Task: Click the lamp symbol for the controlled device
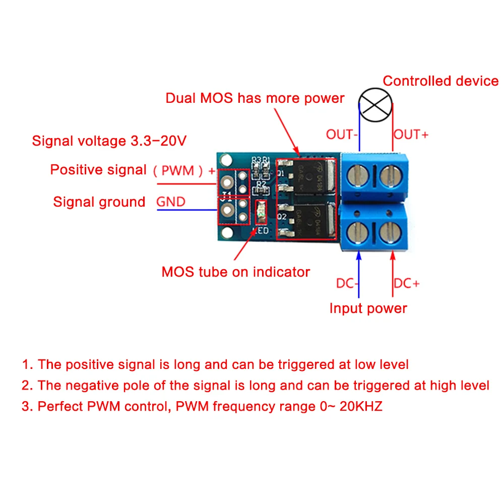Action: pos(376,104)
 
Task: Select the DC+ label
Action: pos(407,284)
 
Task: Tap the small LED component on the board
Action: pos(261,212)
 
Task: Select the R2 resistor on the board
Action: pos(261,191)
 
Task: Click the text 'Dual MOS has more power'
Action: pos(255,98)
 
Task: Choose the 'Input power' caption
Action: pos(368,308)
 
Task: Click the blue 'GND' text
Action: pos(171,202)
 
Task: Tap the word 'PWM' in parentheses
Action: pos(179,171)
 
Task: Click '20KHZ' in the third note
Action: pos(361,406)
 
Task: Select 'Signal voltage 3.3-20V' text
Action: pos(109,141)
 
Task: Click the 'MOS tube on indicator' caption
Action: pos(235,272)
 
